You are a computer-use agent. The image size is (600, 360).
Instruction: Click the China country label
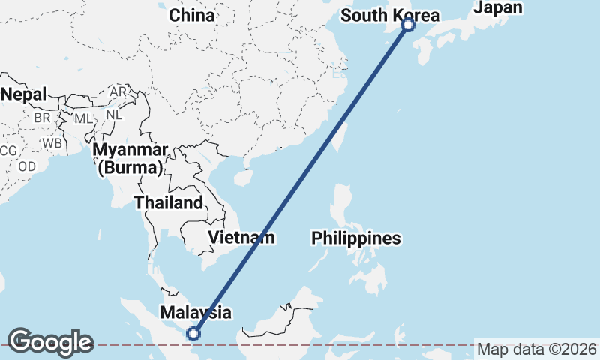(x=191, y=15)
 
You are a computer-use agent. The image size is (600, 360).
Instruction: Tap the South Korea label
(x=389, y=15)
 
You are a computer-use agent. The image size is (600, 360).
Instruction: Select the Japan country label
(x=498, y=7)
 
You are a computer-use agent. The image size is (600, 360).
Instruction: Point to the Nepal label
(x=23, y=94)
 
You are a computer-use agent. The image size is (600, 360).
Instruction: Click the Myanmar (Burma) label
(x=130, y=158)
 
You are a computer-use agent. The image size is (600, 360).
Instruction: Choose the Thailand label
(x=168, y=202)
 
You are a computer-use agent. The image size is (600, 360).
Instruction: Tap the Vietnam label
(x=241, y=238)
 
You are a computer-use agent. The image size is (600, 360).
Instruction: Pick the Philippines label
(x=356, y=238)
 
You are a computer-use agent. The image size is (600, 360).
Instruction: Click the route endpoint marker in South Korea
(x=408, y=25)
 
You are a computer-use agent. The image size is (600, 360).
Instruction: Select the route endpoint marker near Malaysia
(x=193, y=334)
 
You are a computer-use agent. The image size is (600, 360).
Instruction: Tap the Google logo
(x=50, y=342)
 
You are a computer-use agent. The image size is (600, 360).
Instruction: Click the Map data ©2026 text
(x=537, y=349)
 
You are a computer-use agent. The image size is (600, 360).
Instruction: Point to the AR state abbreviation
(x=118, y=91)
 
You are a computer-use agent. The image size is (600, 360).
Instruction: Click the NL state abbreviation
(x=114, y=115)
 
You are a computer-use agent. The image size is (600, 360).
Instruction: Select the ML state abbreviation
(x=83, y=119)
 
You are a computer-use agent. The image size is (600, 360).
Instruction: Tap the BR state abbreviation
(x=42, y=118)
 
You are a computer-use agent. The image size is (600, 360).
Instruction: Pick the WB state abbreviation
(x=52, y=142)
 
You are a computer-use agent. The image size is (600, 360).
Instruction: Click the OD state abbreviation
(x=27, y=166)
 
